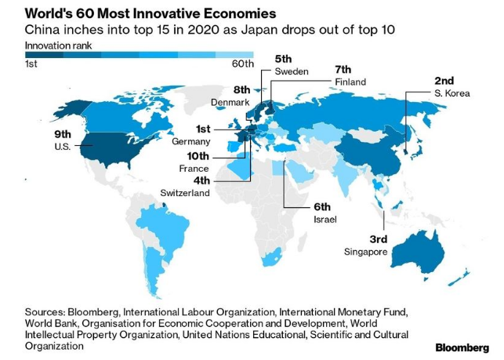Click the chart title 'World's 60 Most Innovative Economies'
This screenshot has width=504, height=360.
[x=150, y=13]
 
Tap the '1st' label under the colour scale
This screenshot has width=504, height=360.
[x=31, y=64]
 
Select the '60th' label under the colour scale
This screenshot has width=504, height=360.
[x=243, y=64]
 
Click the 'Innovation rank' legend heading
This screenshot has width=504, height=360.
[x=58, y=45]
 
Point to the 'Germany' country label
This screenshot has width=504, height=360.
[x=191, y=141]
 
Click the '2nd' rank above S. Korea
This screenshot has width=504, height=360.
[x=444, y=81]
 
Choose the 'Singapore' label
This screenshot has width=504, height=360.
[x=365, y=252]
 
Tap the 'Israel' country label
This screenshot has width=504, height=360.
[x=325, y=220]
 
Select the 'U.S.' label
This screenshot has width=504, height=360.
[x=63, y=147]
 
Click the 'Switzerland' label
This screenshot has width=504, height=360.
[x=185, y=193]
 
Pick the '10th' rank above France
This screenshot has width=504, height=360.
[x=198, y=156]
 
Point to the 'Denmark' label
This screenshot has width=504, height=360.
[x=230, y=102]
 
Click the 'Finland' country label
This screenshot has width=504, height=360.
[x=350, y=82]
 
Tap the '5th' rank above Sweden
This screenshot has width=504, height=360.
[x=283, y=59]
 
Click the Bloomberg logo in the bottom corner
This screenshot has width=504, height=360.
[x=462, y=347]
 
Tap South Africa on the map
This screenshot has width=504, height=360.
[x=273, y=258]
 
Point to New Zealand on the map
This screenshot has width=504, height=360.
[x=460, y=278]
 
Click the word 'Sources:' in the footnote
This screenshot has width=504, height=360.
[x=45, y=312]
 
